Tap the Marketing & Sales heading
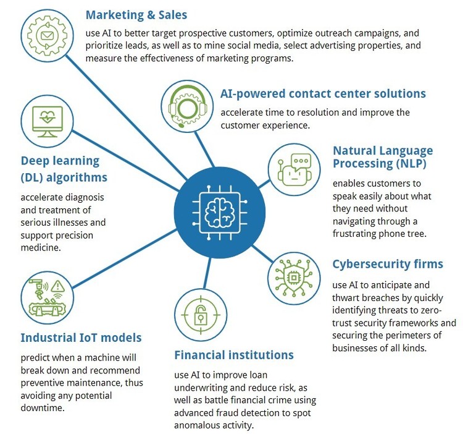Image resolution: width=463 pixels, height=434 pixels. (136, 14)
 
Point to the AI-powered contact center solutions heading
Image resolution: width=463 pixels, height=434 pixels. (323, 94)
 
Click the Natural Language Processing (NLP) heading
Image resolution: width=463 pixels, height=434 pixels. (382, 157)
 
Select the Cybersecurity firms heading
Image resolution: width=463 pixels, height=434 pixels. (388, 264)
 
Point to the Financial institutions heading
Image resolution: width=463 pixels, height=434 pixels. (233, 355)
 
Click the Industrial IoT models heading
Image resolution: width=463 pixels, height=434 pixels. (81, 338)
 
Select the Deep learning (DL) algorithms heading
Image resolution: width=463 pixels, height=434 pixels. (64, 169)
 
